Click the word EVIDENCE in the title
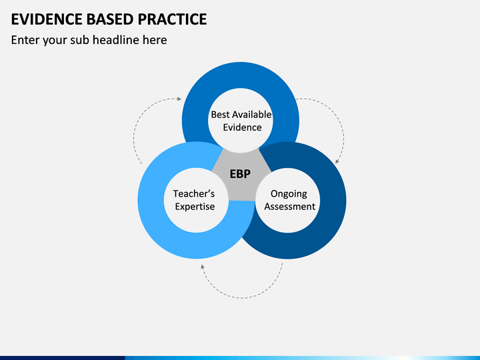point(47,19)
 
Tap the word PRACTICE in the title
point(173,19)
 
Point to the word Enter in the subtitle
point(25,40)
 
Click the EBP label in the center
point(240,174)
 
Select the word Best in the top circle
point(219,115)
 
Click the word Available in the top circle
point(251,115)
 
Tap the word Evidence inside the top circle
point(242,127)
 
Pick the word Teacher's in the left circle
point(194,193)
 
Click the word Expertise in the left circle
point(195,207)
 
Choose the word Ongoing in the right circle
point(289,194)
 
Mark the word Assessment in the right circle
point(289,207)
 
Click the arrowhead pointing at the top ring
point(179,99)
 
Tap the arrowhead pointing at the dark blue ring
point(337,161)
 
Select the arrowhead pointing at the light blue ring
point(202,267)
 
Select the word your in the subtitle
point(55,41)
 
